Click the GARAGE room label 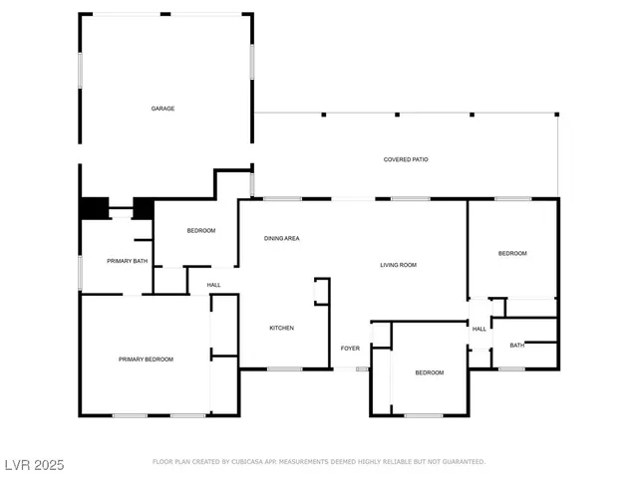pyautogui.click(x=162, y=109)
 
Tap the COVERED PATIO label pyautogui.click(x=406, y=159)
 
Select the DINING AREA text pyautogui.click(x=281, y=238)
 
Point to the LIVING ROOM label pyautogui.click(x=398, y=265)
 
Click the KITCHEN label pyautogui.click(x=281, y=328)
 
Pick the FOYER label pyautogui.click(x=350, y=349)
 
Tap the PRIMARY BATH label pyautogui.click(x=128, y=261)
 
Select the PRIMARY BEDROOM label pyautogui.click(x=146, y=359)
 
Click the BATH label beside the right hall pyautogui.click(x=516, y=346)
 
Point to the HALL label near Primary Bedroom pyautogui.click(x=213, y=286)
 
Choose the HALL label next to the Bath pyautogui.click(x=479, y=329)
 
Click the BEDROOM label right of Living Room pyautogui.click(x=512, y=254)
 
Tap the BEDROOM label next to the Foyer pyautogui.click(x=429, y=372)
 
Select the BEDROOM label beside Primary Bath pyautogui.click(x=200, y=231)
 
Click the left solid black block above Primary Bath pyautogui.click(x=94, y=208)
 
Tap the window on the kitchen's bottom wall pyautogui.click(x=284, y=369)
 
